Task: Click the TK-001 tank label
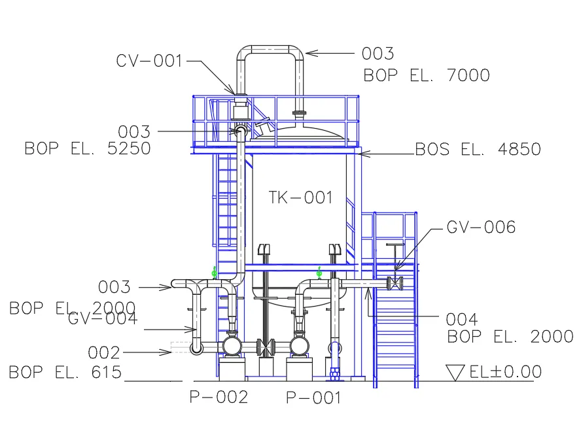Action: click(x=300, y=197)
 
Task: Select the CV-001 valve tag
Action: click(x=150, y=61)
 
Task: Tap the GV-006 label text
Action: click(x=481, y=227)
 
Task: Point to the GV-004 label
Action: click(x=103, y=319)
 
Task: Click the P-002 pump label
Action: click(x=219, y=397)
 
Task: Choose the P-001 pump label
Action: click(x=314, y=398)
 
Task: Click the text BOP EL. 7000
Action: click(x=427, y=75)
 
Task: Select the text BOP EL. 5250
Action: click(x=88, y=148)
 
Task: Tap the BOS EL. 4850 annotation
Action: click(x=478, y=149)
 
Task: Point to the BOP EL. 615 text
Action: click(x=65, y=373)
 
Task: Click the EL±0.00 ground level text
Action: click(x=505, y=372)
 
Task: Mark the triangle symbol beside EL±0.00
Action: click(x=455, y=373)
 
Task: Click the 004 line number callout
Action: click(x=462, y=320)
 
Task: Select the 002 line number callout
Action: click(x=104, y=353)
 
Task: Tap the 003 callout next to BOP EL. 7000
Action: click(x=378, y=54)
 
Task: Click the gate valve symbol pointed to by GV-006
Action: click(x=395, y=284)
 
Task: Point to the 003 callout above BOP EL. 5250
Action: click(x=134, y=132)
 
